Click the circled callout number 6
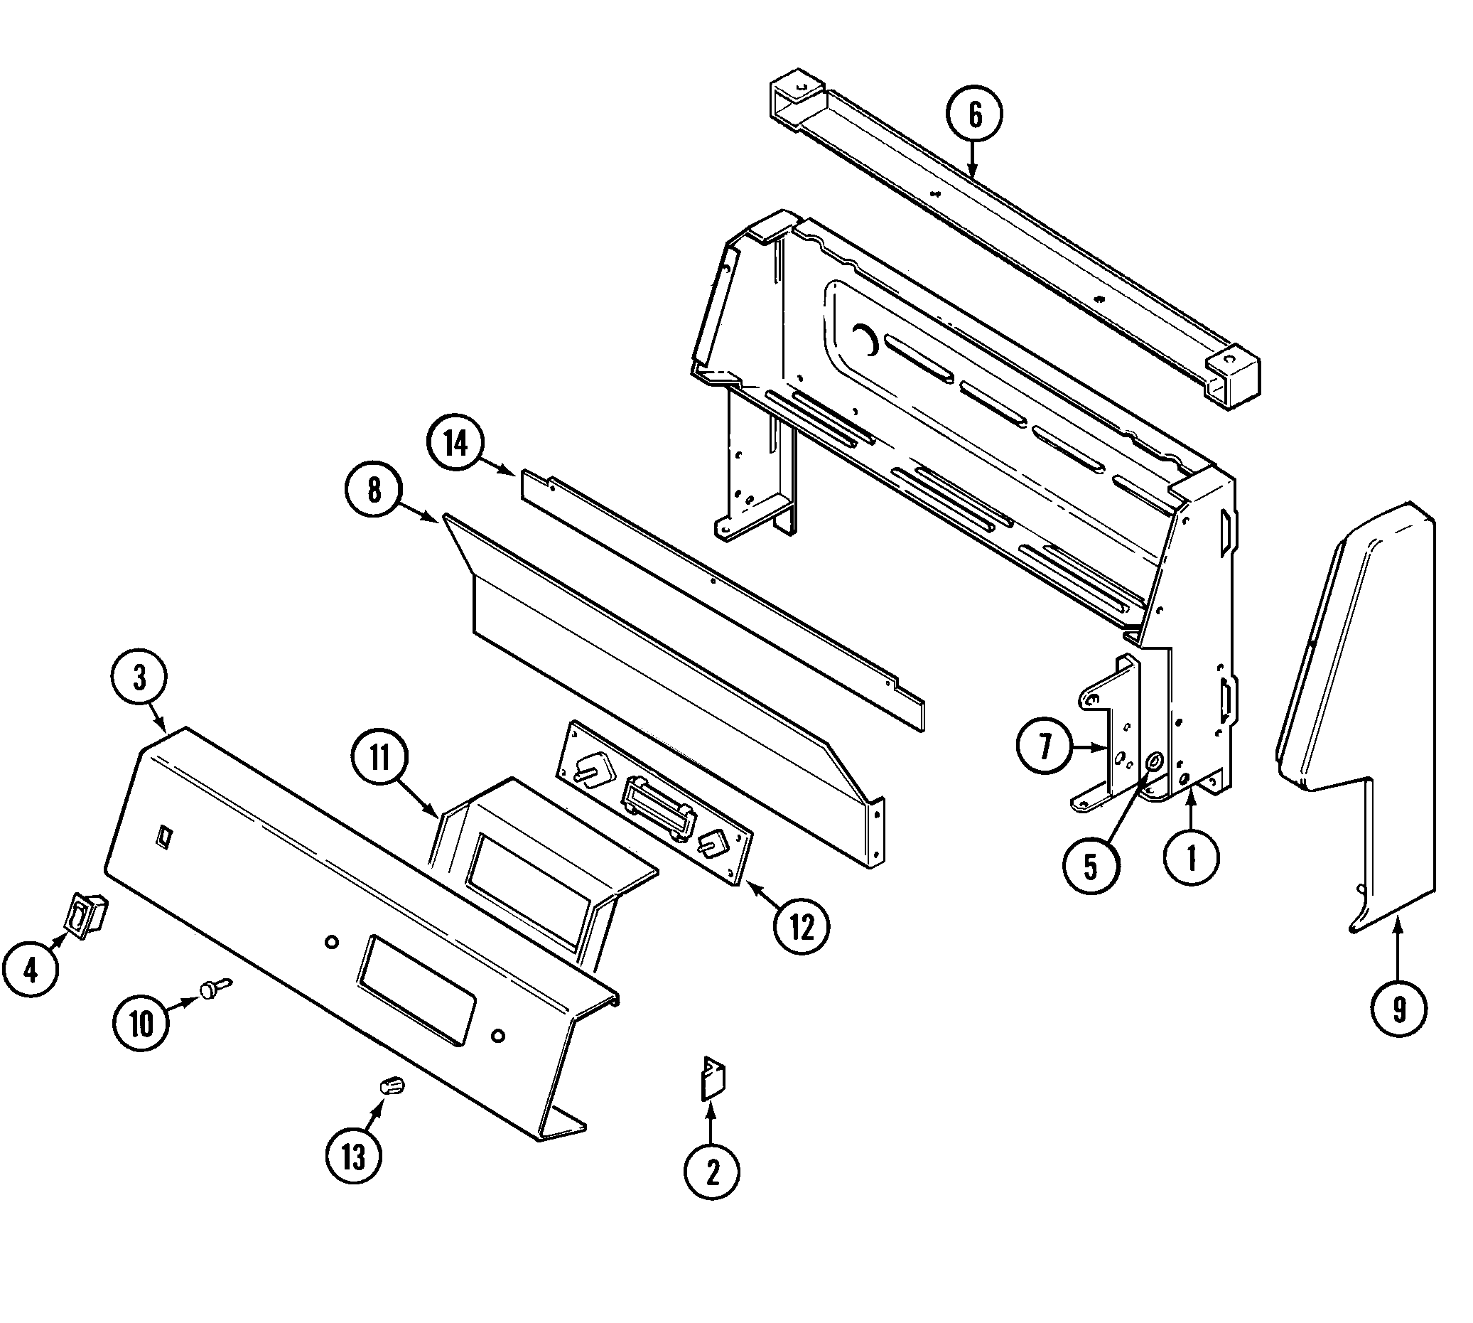tap(973, 115)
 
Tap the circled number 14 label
tap(455, 443)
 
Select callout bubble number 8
tap(374, 491)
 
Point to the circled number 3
tap(139, 677)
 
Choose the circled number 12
tap(802, 926)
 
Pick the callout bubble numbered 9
tap(1398, 1009)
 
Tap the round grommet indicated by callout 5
tap(1153, 763)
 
